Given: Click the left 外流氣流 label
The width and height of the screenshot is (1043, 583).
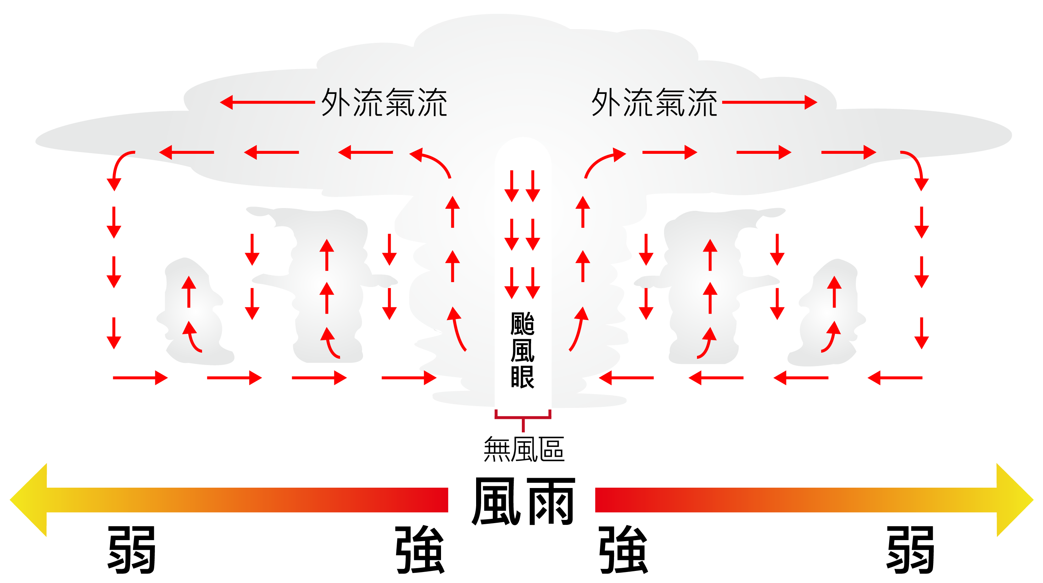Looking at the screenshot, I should (x=384, y=102).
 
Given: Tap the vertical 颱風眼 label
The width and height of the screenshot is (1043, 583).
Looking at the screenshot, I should (x=522, y=350).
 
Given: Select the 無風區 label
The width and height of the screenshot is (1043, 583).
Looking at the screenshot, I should (x=524, y=449).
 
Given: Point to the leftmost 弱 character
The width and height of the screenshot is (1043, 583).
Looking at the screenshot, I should (x=132, y=549).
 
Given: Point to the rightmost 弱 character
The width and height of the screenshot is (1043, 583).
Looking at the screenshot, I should (x=910, y=549).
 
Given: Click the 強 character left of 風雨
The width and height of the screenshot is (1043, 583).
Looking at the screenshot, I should (x=420, y=549).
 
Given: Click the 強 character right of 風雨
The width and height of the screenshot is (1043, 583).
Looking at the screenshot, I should (x=624, y=549).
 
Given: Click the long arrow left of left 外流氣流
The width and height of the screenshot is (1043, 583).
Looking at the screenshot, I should (x=267, y=102).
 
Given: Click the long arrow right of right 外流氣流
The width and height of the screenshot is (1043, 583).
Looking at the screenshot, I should (x=769, y=102).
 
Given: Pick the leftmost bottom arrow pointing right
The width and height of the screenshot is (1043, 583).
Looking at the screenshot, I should (x=140, y=378).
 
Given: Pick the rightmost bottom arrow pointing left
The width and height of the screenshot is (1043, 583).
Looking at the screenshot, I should (x=895, y=378).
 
